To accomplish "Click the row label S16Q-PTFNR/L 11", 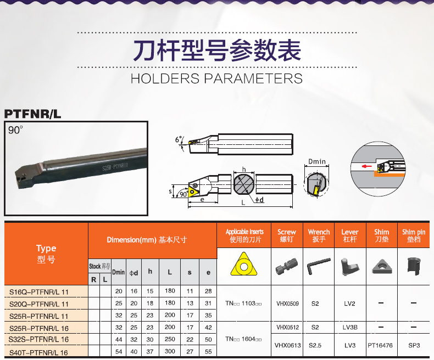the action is coord(39,292).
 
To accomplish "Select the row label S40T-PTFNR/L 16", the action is coord(38,352).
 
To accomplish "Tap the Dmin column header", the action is coord(119,272).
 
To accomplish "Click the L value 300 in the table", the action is coord(170,351).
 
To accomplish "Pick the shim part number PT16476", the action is coord(380,345).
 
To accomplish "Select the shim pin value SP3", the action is coord(414,345).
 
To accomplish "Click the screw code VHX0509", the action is coord(287,303).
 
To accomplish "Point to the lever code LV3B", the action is coord(350,328).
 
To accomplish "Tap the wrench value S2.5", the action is coord(315,345).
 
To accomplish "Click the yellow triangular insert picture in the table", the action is coord(243,265).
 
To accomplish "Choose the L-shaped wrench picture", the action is coord(319,266).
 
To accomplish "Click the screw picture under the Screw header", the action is coord(287,266).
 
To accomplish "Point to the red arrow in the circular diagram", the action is coord(367,166).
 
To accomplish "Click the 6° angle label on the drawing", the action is coord(179,139).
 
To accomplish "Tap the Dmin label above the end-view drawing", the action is coord(317,161).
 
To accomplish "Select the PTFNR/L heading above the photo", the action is coord(32,114).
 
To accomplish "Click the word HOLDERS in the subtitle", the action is coord(165,78).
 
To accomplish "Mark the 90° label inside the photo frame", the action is coord(15,130).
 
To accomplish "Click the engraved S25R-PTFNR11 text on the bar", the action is coord(115,166).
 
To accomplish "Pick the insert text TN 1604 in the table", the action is coord(243,339).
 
